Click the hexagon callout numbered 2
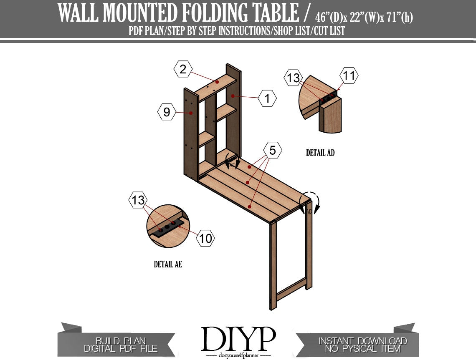[183, 69]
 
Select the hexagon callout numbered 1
[267, 98]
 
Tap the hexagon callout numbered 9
[167, 112]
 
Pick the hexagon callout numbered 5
[272, 150]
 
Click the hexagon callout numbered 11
[349, 75]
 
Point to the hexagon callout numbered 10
[205, 238]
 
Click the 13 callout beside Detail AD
[293, 78]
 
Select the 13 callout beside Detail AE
[138, 200]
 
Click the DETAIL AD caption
[320, 153]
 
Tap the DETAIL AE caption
[168, 264]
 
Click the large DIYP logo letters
[238, 339]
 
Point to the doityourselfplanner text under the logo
[238, 355]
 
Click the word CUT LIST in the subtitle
[329, 30]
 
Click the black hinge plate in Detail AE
[167, 228]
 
